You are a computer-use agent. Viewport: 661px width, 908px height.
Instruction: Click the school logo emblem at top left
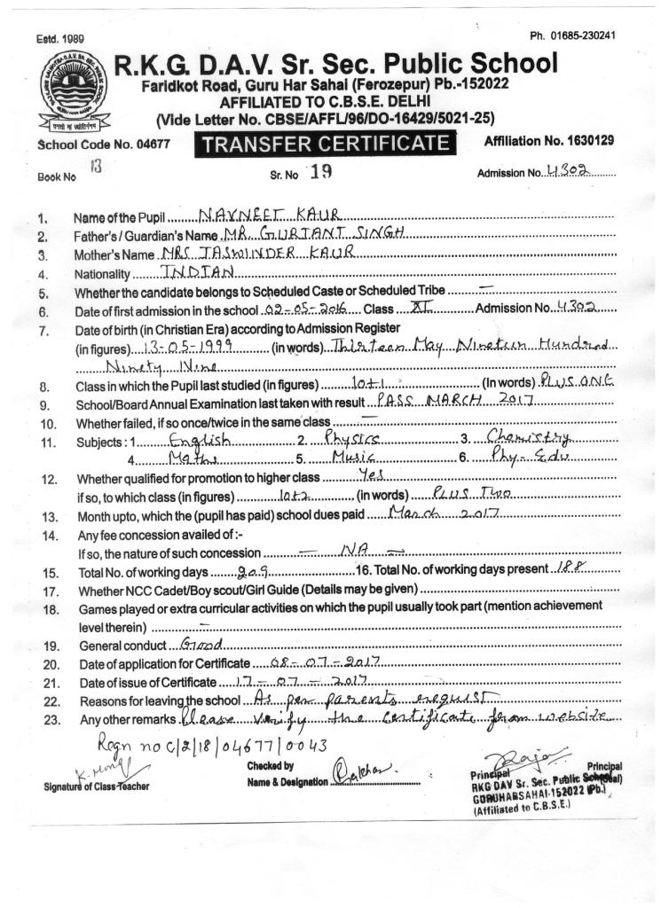tap(69, 92)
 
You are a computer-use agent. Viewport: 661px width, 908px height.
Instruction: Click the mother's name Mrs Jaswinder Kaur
tap(276, 254)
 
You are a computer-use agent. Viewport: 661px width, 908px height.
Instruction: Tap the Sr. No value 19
tap(319, 172)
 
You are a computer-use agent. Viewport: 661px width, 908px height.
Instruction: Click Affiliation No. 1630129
tap(549, 141)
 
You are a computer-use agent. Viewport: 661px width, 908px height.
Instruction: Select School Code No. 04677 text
tap(103, 142)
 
